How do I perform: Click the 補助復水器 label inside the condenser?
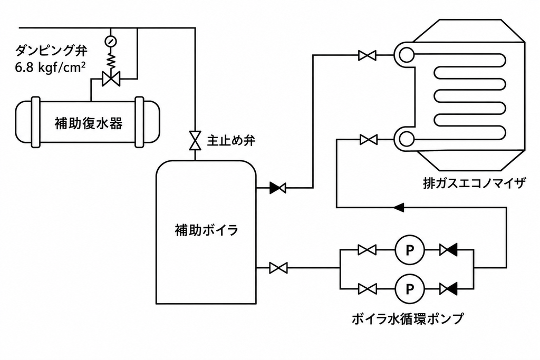coord(89,123)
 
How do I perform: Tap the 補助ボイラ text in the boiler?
coord(207,230)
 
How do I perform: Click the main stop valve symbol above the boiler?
coord(195,140)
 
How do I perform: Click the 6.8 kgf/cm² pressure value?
coord(50,67)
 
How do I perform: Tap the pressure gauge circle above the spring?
coord(111,41)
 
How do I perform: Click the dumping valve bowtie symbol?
coord(111,79)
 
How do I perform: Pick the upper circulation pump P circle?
coord(409,250)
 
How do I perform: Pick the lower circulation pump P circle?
coord(409,289)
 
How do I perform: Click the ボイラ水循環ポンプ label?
coord(408,318)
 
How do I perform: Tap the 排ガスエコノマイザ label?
coord(474,183)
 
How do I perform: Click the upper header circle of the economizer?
coord(407,55)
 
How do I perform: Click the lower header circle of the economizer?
coord(407,139)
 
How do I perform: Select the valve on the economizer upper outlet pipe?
coord(367,55)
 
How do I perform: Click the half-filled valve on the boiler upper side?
coord(277,188)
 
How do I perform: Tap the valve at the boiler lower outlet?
coord(278,268)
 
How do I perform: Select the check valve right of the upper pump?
coord(448,250)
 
